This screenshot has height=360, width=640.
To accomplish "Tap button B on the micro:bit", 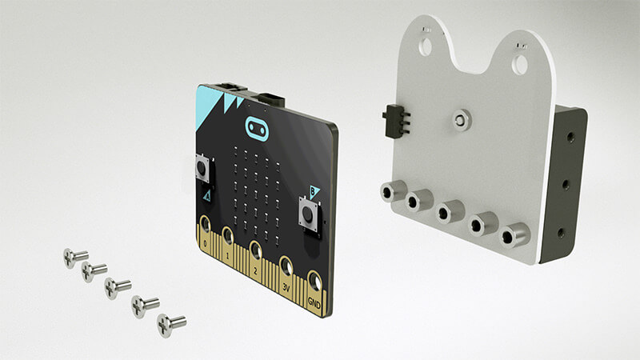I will click(x=309, y=214).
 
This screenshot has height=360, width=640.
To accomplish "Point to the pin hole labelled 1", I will click(x=229, y=234).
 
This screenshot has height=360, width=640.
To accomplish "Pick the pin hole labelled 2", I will click(x=255, y=249).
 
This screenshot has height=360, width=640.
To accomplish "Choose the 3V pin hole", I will click(x=286, y=265).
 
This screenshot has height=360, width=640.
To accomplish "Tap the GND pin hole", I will click(x=315, y=282).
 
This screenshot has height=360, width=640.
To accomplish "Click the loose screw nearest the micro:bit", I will click(x=170, y=324).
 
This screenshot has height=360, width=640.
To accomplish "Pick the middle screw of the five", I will click(x=118, y=287).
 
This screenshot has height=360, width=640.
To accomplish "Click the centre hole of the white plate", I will click(x=460, y=119).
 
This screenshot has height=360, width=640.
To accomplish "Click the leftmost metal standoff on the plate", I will click(x=392, y=192).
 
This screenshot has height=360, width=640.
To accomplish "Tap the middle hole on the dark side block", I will click(x=566, y=183).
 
